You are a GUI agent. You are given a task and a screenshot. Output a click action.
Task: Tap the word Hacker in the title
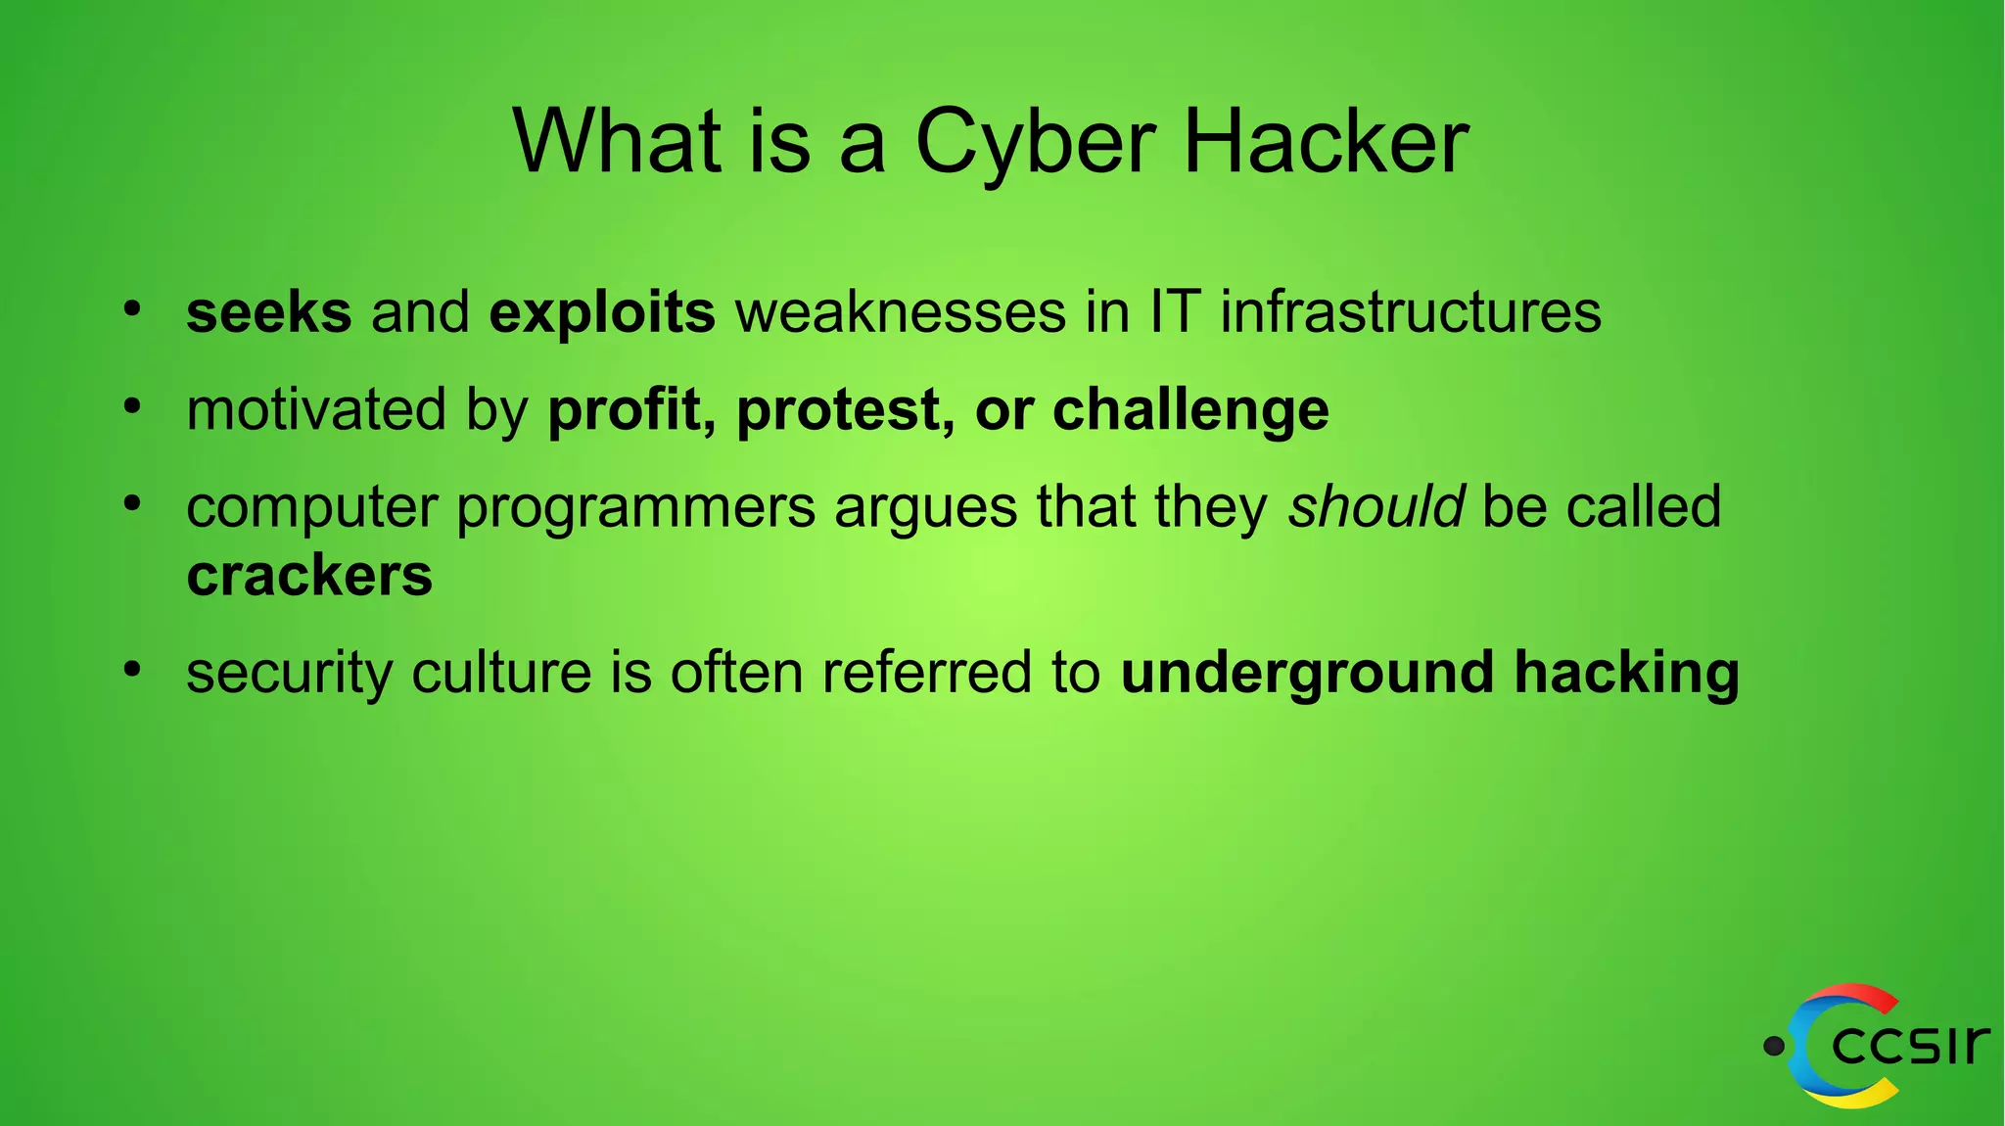coord(1326,142)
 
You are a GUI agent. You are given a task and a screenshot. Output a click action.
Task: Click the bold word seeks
coord(269,312)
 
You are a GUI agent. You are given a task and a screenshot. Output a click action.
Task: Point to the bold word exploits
coord(602,314)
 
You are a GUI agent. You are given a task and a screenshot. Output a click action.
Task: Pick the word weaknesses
coord(901,312)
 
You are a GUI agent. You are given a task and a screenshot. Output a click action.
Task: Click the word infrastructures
coord(1411,312)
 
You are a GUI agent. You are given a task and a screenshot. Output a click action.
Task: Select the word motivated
coord(316,409)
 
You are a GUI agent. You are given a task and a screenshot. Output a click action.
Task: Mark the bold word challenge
coord(1190,410)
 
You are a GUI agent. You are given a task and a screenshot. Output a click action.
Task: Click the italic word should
coord(1376,507)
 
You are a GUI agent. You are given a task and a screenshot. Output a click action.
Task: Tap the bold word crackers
coord(309,576)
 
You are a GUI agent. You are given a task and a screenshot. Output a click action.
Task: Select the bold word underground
coord(1307,674)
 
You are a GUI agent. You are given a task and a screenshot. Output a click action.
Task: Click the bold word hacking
coord(1626,674)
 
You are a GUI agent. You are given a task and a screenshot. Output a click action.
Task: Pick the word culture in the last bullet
coord(501,673)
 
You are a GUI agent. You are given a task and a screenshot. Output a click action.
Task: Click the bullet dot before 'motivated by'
coord(133,405)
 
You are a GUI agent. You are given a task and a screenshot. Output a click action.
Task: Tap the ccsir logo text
coord(1909,1045)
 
